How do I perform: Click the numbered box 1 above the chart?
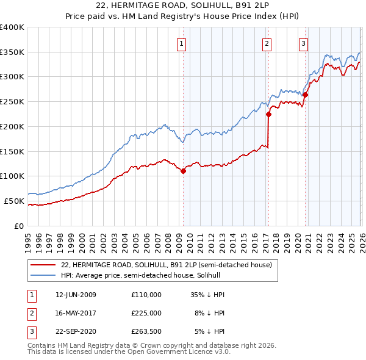182,43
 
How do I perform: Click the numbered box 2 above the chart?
267,43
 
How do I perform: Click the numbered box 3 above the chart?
303,43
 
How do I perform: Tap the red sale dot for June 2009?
183,171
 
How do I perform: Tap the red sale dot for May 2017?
268,113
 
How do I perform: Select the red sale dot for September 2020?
305,95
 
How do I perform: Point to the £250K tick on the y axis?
12,102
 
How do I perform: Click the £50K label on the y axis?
14,201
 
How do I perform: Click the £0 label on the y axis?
19,226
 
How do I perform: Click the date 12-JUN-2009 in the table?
76,295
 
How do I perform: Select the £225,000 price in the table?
146,313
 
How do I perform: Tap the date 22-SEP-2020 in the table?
76,331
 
